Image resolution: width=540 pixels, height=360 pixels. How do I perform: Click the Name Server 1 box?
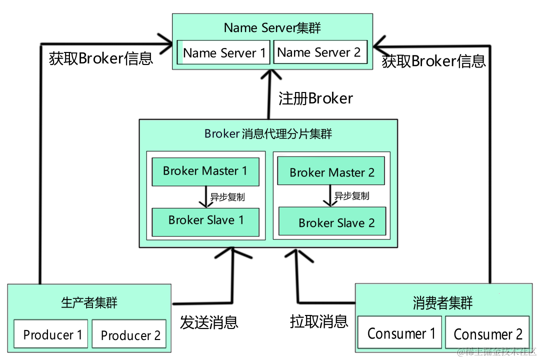pos(223,52)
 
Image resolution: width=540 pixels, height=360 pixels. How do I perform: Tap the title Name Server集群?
pos(272,28)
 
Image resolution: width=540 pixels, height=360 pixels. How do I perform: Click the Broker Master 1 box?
pos(205,171)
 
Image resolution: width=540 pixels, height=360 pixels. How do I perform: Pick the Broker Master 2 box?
pos(331,172)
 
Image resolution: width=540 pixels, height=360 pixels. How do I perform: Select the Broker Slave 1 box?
pos(205,220)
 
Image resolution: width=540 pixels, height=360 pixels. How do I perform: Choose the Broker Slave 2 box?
pos(332,222)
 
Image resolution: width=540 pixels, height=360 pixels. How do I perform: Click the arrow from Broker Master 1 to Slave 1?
pos(203,196)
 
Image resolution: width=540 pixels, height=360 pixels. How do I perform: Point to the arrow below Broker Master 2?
pos(329,195)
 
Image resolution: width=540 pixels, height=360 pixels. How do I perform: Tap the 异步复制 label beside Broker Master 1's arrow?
pos(227,197)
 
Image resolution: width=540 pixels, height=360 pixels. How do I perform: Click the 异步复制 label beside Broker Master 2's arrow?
pos(351,196)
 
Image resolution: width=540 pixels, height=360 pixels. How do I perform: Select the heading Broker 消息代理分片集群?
pos(268,134)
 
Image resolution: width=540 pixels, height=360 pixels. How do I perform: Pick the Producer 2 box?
pos(129,335)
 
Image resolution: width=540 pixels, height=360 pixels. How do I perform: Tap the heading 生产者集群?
pos(89,302)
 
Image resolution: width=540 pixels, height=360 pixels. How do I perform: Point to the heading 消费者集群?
pos(442,302)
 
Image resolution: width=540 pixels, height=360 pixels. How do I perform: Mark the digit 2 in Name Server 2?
pos(357,52)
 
